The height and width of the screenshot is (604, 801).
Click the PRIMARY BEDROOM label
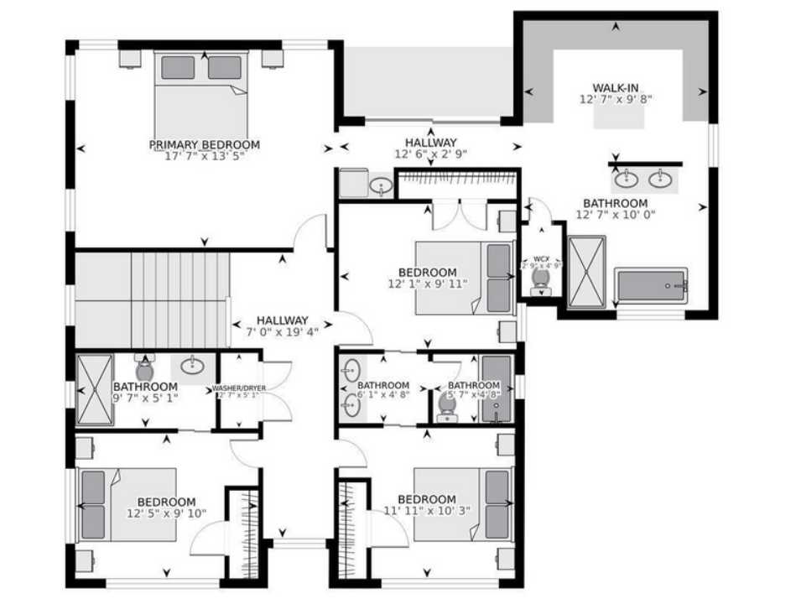204,144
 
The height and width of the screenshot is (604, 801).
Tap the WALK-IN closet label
616,88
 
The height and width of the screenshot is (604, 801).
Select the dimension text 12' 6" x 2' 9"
431,154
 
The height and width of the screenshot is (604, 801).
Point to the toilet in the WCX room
541,280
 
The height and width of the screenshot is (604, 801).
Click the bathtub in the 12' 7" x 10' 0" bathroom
652,287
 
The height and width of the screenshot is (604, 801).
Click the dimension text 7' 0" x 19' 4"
282,331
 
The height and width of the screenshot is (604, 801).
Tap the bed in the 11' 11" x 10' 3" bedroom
462,503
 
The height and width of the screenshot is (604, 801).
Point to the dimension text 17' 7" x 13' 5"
204,156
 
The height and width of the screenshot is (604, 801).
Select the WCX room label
541,259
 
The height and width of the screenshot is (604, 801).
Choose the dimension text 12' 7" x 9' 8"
616,99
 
